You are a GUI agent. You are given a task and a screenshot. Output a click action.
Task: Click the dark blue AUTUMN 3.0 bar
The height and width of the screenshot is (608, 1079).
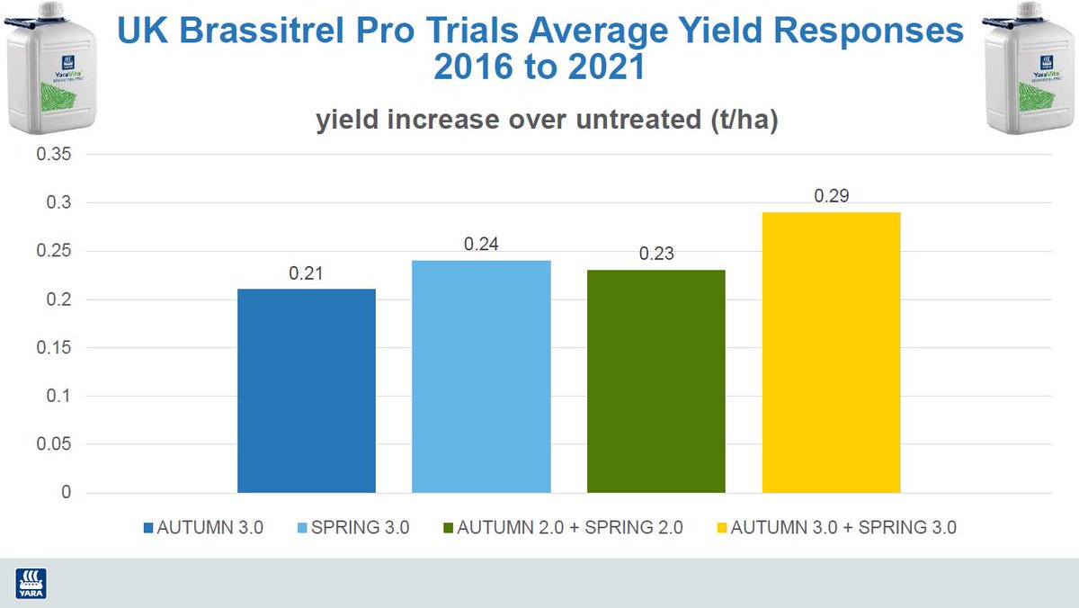tap(306, 390)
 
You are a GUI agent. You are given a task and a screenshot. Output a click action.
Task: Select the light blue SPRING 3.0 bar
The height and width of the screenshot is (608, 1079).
tap(481, 376)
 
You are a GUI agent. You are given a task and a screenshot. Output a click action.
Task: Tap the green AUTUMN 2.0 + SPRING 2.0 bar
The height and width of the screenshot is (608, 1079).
tap(655, 380)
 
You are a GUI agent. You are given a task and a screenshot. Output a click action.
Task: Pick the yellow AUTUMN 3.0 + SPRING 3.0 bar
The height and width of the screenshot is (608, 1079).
tap(831, 352)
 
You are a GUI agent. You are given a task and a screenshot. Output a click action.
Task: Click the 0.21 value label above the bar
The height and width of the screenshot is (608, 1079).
tap(306, 273)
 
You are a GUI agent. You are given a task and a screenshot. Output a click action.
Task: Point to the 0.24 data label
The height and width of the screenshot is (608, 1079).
tap(481, 245)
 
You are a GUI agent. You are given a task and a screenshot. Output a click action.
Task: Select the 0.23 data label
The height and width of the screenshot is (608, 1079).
tap(655, 255)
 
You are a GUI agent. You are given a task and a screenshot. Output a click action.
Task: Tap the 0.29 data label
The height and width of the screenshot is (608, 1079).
tap(831, 196)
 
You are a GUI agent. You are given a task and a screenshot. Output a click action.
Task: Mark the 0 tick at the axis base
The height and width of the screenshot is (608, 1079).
tap(65, 493)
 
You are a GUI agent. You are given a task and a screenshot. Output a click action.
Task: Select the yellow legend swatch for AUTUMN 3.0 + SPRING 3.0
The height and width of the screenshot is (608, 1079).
tap(721, 528)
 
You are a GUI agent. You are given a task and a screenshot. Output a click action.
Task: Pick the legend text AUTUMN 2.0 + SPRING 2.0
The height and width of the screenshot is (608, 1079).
tap(570, 528)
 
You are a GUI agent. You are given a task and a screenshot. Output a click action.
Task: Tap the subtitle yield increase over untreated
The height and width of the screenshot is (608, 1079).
tap(546, 122)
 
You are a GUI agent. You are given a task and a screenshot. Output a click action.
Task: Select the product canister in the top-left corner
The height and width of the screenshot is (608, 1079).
tap(49, 67)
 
